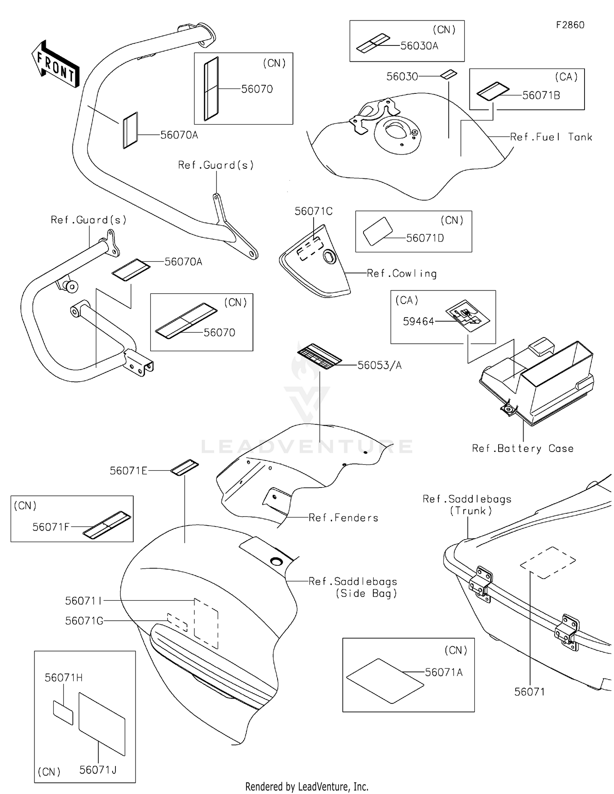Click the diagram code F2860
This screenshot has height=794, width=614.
570,25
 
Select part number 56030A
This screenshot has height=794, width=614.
419,46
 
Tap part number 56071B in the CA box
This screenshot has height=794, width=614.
541,95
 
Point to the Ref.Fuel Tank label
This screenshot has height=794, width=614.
551,137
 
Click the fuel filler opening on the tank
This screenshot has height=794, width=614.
397,132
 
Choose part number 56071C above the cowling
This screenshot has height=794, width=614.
314,211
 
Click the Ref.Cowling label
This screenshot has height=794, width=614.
402,274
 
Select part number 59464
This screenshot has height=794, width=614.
418,322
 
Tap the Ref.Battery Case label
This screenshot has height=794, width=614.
523,449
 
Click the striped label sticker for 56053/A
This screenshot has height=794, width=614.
319,356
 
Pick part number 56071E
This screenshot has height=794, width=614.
128,471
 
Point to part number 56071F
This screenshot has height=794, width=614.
51,527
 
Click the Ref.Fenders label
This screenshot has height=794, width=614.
343,518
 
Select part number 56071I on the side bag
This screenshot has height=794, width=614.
84,601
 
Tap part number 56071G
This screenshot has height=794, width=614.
84,621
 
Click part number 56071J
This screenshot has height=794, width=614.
98,770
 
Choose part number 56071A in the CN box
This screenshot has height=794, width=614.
444,672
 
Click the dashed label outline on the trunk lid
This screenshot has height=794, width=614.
548,563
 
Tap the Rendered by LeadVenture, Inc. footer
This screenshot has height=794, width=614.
307,787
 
